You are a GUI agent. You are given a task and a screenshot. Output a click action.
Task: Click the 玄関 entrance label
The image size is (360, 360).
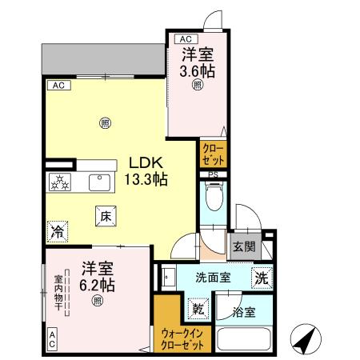point(244,247)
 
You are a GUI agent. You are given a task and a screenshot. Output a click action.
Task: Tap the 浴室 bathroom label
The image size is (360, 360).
point(245,313)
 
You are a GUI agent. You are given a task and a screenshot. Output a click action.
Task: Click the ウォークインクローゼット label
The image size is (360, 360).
point(183,338)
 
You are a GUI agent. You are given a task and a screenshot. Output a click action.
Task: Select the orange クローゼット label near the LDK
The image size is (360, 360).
point(212,152)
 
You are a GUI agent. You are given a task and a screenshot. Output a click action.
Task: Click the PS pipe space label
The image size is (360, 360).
point(213,176)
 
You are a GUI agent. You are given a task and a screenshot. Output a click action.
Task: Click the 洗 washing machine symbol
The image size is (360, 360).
point(261,278)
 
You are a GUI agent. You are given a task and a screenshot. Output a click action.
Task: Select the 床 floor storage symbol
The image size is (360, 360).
point(105,215)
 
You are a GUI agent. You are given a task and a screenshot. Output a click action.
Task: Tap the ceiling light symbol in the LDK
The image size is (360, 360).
point(104,122)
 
